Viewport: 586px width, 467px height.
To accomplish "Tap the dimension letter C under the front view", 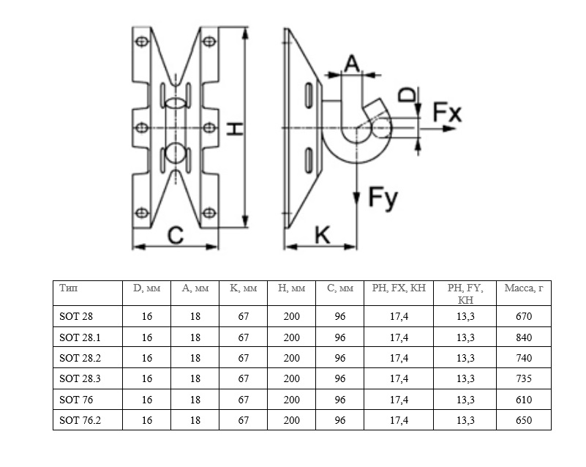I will (176, 235).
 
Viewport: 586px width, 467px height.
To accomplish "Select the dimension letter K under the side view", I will (322, 235).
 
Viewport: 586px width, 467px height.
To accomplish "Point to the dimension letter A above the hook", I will (351, 64).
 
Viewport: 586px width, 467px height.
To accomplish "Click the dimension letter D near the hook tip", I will (408, 94).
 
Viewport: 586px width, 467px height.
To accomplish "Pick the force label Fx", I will (446, 112).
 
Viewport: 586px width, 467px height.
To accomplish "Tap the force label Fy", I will (383, 198).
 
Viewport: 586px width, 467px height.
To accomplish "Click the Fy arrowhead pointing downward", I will (356, 198).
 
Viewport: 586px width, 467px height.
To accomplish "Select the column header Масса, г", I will (523, 288).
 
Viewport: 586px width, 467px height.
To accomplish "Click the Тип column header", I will (68, 288).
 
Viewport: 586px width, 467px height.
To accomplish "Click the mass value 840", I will (523, 337).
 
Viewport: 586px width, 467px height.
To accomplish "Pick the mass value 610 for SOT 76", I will (523, 400).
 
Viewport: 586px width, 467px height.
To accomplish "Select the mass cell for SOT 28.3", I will (523, 379).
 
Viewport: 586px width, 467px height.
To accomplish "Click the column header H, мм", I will (291, 288).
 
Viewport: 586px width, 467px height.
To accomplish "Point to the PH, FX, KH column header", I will (399, 288).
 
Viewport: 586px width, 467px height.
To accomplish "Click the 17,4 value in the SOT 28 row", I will (399, 317).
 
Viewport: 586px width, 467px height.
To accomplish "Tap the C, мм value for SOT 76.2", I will (340, 420).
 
